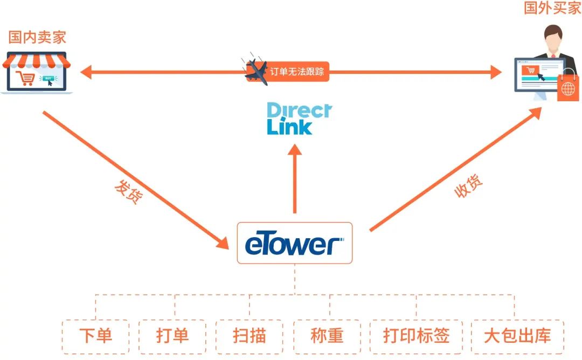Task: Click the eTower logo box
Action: [x=294, y=243]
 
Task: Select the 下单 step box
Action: [x=95, y=336]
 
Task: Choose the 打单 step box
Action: [x=172, y=336]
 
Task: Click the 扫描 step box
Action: [x=250, y=336]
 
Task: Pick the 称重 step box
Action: [x=327, y=336]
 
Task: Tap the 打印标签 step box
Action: [x=416, y=336]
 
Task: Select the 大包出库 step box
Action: [x=517, y=336]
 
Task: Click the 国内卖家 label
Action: [x=37, y=38]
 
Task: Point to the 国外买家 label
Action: [x=552, y=9]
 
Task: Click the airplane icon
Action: [x=256, y=71]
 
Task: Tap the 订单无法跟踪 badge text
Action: [x=297, y=72]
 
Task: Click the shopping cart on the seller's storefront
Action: [x=25, y=79]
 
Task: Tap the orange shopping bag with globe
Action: [x=568, y=88]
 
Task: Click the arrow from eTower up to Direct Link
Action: [x=295, y=181]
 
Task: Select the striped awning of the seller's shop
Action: [x=36, y=60]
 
